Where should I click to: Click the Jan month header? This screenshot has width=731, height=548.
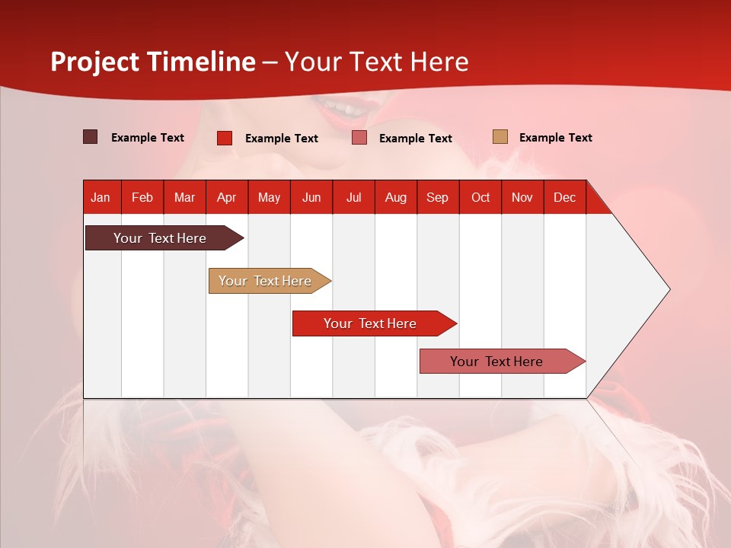tap(101, 198)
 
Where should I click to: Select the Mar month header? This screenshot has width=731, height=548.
tap(184, 198)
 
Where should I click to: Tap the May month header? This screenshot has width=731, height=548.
tap(269, 198)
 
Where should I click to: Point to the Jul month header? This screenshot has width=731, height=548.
tap(354, 198)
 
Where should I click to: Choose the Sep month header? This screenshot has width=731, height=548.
tap(437, 198)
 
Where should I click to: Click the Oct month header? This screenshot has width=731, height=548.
tap(480, 198)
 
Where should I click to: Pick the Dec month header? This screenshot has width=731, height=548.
tap(564, 198)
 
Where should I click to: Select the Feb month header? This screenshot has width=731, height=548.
tap(142, 198)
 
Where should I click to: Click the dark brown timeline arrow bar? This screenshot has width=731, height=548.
tap(164, 238)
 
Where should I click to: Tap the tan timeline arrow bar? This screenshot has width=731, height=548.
tap(270, 281)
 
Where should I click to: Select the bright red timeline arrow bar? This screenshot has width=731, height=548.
tap(375, 323)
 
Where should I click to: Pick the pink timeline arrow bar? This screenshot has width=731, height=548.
tap(503, 361)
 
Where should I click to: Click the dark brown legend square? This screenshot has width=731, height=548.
tap(90, 137)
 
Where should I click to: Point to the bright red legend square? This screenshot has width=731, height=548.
tap(225, 138)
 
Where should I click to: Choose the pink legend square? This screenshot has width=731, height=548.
tap(359, 138)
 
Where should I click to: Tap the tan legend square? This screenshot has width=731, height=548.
tap(500, 136)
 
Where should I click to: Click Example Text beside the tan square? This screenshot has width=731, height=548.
tap(556, 138)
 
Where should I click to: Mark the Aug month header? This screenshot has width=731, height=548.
tap(395, 198)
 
